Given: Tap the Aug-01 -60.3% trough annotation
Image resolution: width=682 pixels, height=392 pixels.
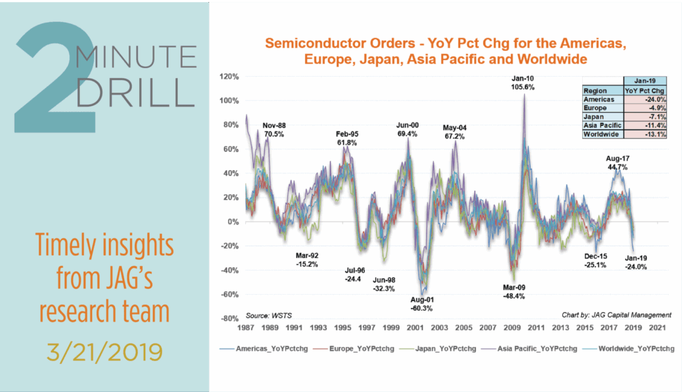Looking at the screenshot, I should click(x=421, y=304).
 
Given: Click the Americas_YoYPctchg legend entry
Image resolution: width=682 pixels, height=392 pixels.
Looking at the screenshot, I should click(x=260, y=349).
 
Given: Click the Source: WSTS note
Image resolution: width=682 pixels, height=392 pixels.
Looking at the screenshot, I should click(x=264, y=313).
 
